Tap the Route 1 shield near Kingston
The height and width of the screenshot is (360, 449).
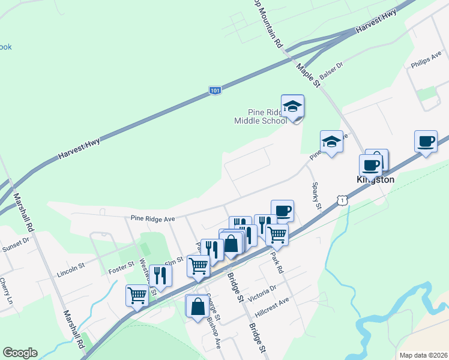pyautogui.click(x=342, y=199)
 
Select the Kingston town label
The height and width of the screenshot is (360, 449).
pyautogui.click(x=375, y=179)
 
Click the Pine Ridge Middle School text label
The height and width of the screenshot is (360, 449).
pyautogui.click(x=260, y=116)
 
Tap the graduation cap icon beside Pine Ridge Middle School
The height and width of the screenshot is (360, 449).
pyautogui.click(x=292, y=106)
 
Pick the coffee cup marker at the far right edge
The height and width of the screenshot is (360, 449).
pyautogui.click(x=426, y=142)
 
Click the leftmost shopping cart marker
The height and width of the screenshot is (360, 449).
pyautogui.click(x=137, y=296)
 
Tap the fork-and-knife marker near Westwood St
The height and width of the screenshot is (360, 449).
pyautogui.click(x=160, y=275)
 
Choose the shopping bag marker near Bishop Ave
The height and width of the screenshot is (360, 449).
pyautogui.click(x=197, y=307)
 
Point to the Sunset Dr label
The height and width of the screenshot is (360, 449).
pyautogui.click(x=15, y=243)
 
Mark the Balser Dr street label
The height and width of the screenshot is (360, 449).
pyautogui.click(x=331, y=74)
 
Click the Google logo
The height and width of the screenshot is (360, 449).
pyautogui.click(x=20, y=353)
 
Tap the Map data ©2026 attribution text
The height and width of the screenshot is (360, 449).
pyautogui.click(x=423, y=355)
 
